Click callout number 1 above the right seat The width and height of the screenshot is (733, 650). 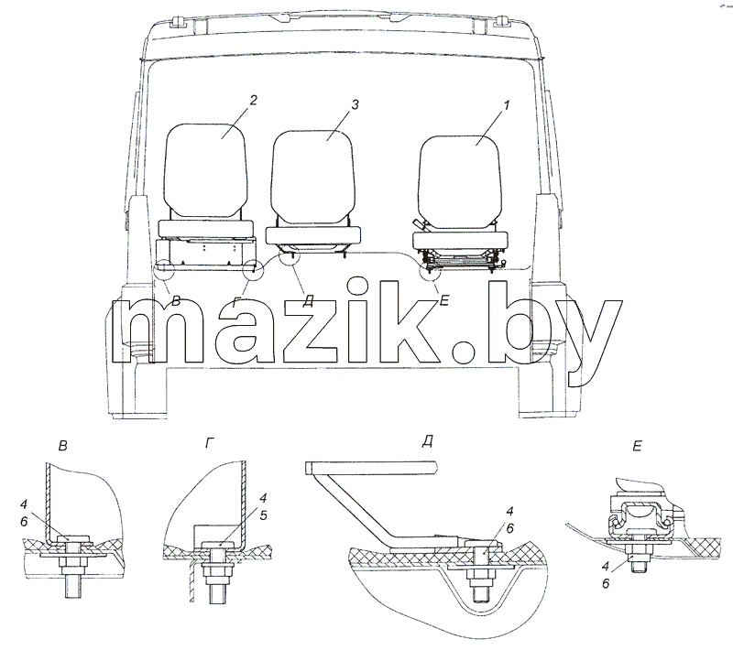point(506,105)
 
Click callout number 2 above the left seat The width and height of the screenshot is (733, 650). point(253,101)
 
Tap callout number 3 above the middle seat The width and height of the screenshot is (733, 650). point(356,104)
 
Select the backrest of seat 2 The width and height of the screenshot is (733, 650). point(205,170)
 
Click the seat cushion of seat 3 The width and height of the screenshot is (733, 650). point(312,236)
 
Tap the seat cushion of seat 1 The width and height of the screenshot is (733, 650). point(461,241)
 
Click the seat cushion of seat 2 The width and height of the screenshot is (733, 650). point(207,229)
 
